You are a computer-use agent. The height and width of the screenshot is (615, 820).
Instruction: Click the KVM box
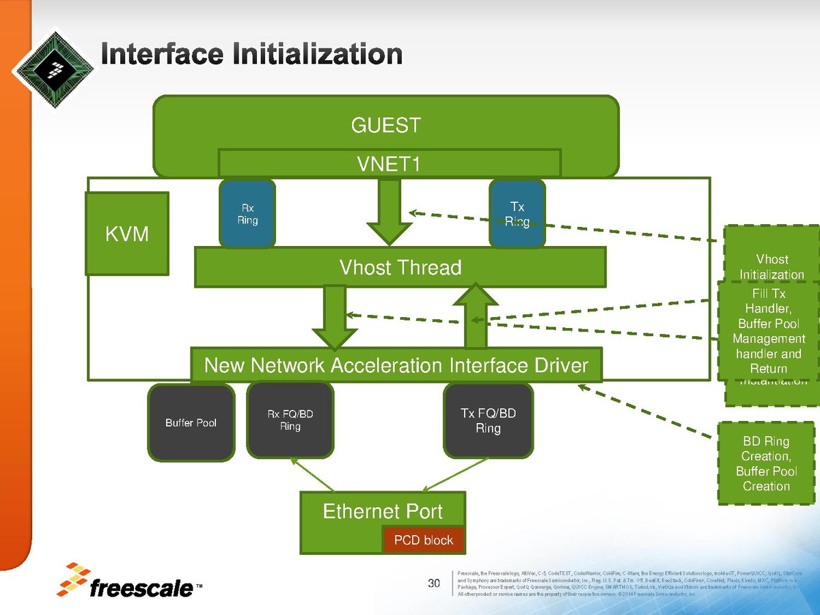(127, 234)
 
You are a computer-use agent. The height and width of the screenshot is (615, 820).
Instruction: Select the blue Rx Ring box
(247, 213)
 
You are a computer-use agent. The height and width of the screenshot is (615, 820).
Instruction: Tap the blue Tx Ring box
(517, 213)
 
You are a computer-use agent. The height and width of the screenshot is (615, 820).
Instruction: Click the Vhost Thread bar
(400, 267)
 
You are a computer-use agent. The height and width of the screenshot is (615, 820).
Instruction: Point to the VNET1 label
(389, 164)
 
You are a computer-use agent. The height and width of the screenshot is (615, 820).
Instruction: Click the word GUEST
(386, 126)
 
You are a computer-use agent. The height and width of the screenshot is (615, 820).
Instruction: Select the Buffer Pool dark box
(191, 423)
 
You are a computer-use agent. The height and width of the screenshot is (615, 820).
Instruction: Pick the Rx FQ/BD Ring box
(290, 420)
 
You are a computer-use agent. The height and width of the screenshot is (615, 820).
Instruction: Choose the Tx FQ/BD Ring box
(488, 421)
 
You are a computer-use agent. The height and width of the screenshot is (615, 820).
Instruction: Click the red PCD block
(424, 541)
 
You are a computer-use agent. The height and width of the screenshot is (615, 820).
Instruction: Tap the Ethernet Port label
(383, 511)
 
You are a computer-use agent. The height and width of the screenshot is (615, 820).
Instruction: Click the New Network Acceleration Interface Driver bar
(396, 366)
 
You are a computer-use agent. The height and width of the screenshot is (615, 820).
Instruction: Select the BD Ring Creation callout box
(766, 464)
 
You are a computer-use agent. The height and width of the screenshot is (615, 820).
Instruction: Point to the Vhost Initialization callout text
(771, 266)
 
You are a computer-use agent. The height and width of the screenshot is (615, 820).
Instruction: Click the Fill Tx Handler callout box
(769, 331)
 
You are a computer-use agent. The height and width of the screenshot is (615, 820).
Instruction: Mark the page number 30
(434, 583)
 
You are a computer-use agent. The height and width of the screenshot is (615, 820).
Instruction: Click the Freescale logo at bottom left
(131, 581)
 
